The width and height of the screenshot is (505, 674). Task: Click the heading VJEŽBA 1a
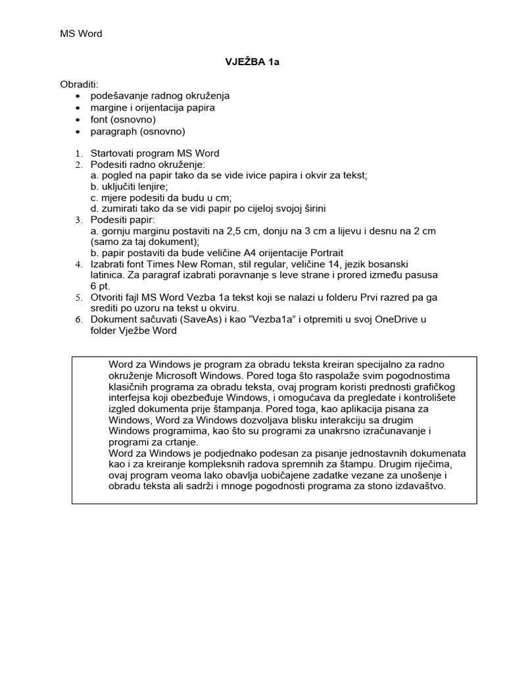[252, 63]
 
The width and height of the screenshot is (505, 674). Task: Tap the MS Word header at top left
[82, 34]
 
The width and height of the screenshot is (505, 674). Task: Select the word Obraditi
[79, 85]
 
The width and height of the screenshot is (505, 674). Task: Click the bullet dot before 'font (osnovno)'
[79, 120]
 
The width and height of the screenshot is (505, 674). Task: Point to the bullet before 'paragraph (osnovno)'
[79, 132]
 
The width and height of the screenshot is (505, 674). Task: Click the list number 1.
[78, 154]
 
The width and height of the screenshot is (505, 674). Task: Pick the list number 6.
[78, 321]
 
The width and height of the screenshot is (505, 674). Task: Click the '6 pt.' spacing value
[101, 286]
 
